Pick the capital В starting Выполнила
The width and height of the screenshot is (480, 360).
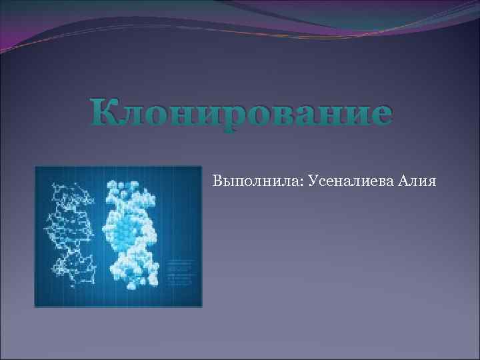[x=217, y=180]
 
